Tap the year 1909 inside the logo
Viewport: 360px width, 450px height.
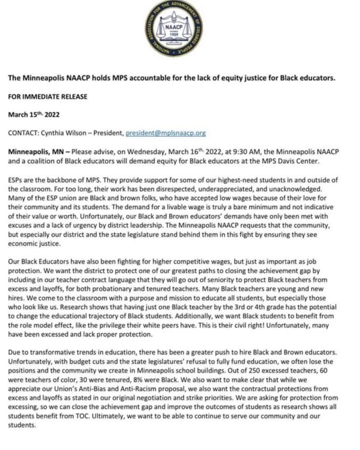[180, 37]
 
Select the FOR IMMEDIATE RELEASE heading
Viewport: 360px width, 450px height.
[48, 96]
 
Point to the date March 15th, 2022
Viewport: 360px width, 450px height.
[33, 115]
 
